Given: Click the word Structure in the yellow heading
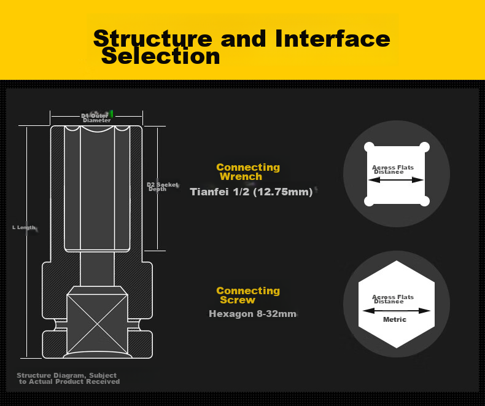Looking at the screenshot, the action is [x=153, y=39].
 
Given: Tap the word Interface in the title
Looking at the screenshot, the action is [x=333, y=38].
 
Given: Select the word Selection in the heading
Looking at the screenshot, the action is [x=160, y=57].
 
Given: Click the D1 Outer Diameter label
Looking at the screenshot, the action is [x=96, y=118].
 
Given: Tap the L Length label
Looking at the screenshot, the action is [x=24, y=227].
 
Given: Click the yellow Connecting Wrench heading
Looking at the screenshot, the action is [x=248, y=172].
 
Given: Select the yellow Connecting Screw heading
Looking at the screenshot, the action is [x=248, y=295].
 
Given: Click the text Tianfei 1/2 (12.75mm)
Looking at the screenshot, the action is [x=251, y=192].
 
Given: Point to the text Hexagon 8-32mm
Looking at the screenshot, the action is [x=253, y=314].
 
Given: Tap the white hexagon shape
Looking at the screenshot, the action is [x=397, y=304].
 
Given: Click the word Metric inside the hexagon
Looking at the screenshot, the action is [x=395, y=319].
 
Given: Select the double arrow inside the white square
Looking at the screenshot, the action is [x=396, y=180].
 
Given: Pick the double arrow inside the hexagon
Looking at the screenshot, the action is [x=396, y=311].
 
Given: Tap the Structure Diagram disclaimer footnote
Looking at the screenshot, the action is [x=68, y=378].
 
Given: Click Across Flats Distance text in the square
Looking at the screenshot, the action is [x=393, y=170].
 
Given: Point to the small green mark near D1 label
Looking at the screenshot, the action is [x=112, y=114].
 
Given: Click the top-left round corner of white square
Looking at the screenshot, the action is [x=369, y=147].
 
